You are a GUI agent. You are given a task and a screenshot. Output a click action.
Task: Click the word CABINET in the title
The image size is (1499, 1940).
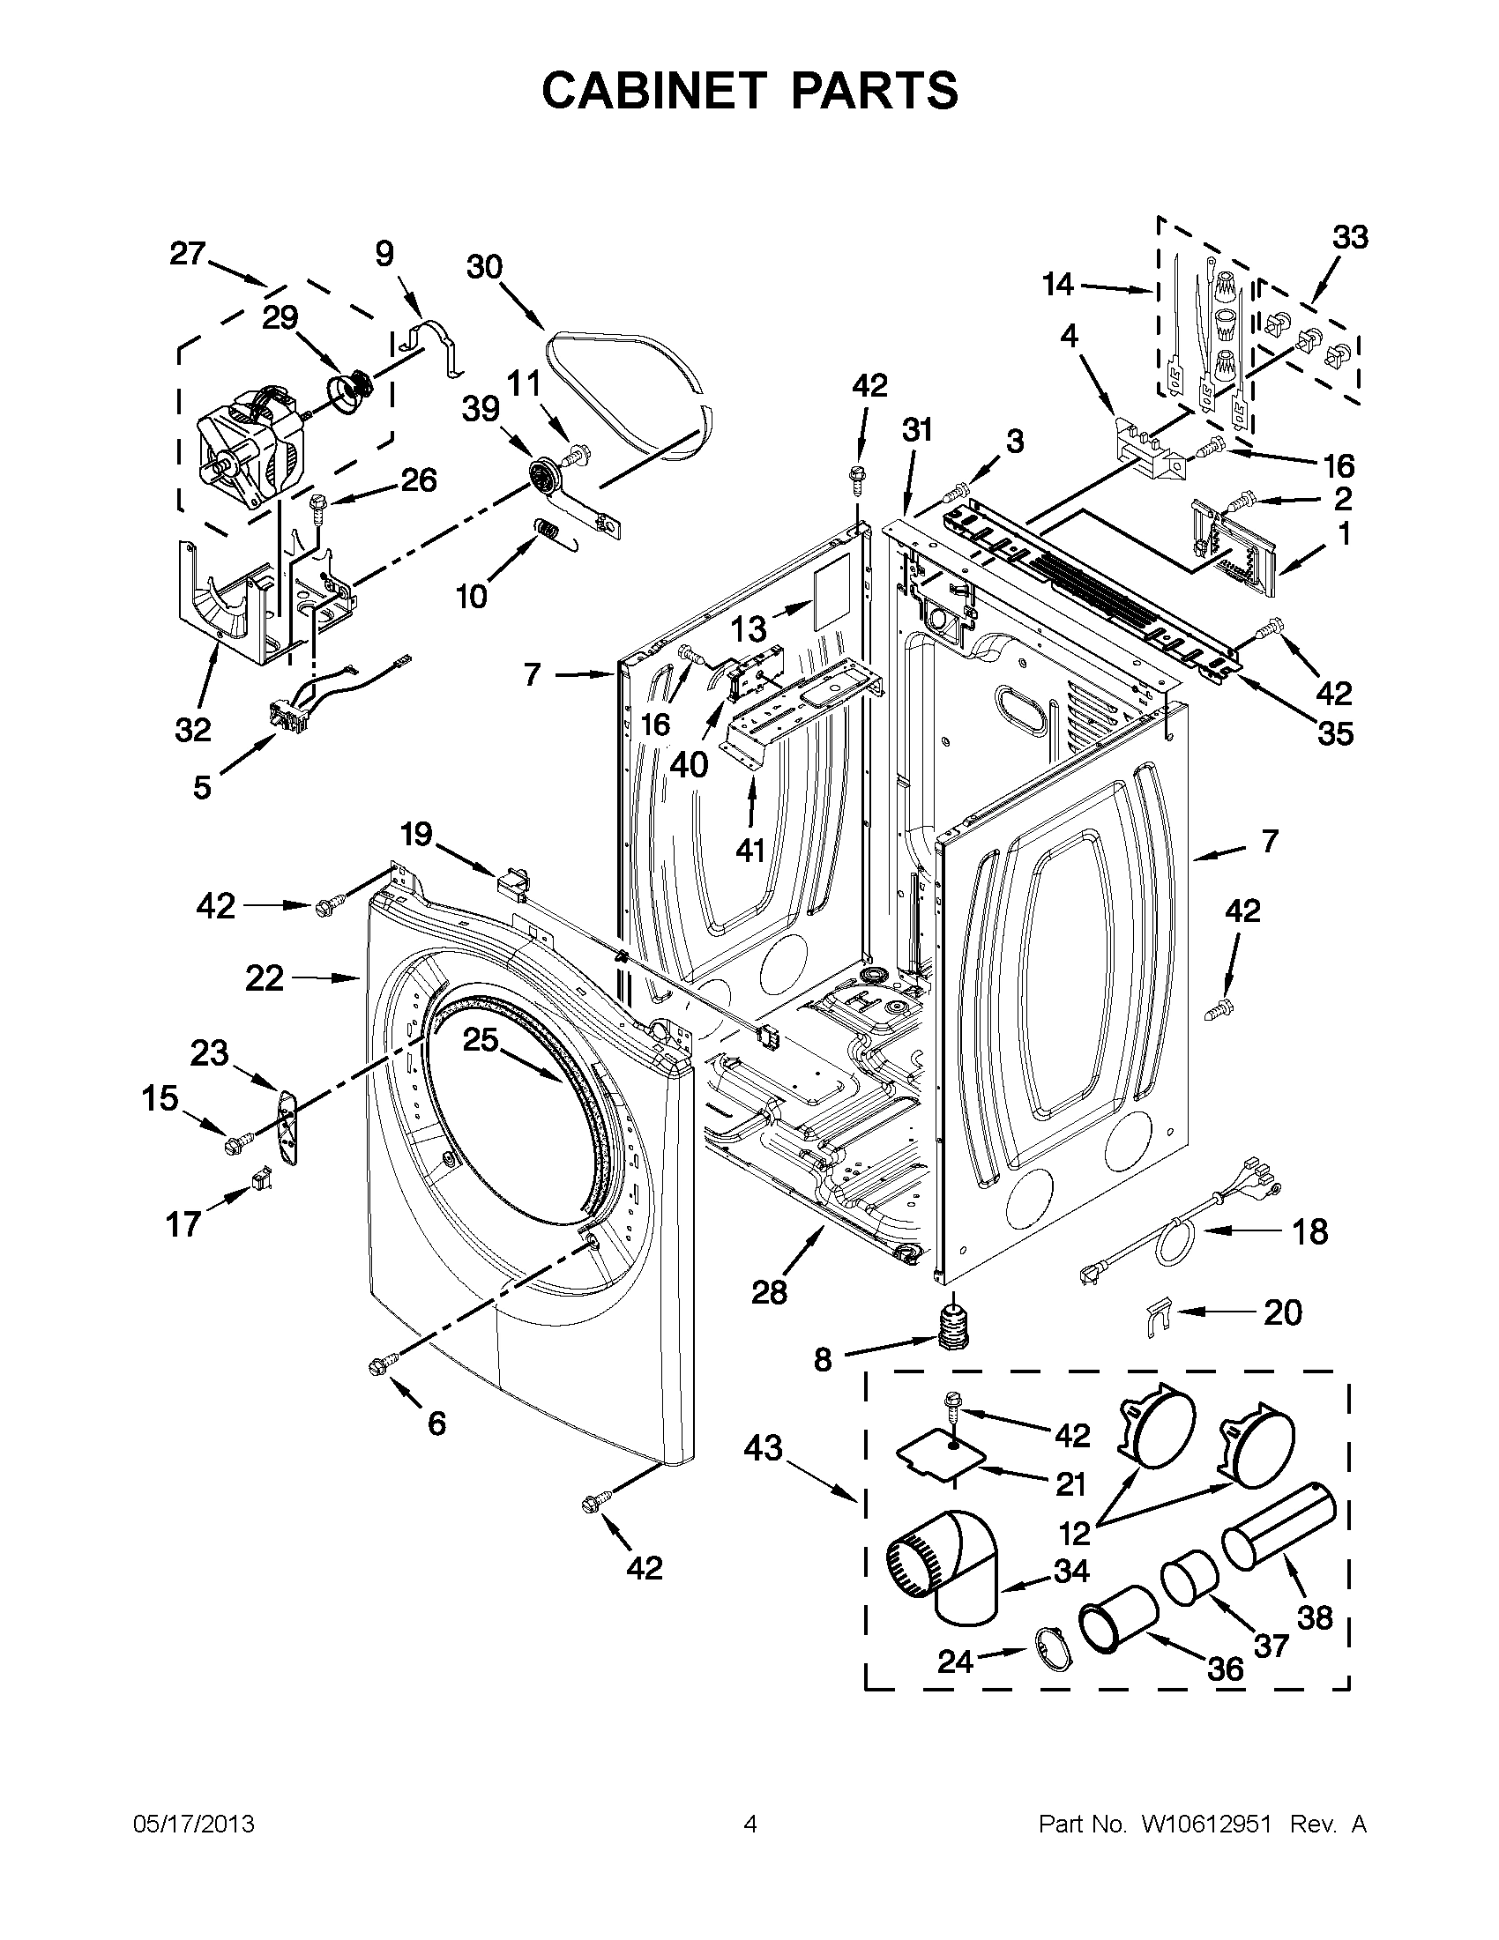point(653,91)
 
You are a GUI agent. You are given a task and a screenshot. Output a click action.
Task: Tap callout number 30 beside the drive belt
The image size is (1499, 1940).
point(485,266)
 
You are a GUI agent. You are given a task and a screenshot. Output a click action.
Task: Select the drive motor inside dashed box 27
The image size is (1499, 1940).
point(244,450)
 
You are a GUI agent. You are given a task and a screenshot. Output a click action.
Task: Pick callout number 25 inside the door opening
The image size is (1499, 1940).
point(481,1039)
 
